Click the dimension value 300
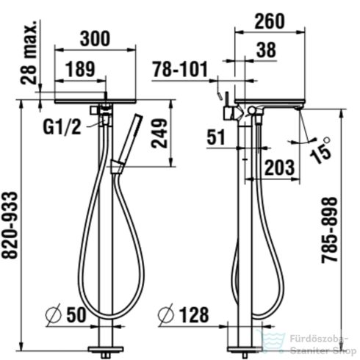pyautogui.click(x=96, y=37)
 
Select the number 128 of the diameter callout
pyautogui.click(x=193, y=315)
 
